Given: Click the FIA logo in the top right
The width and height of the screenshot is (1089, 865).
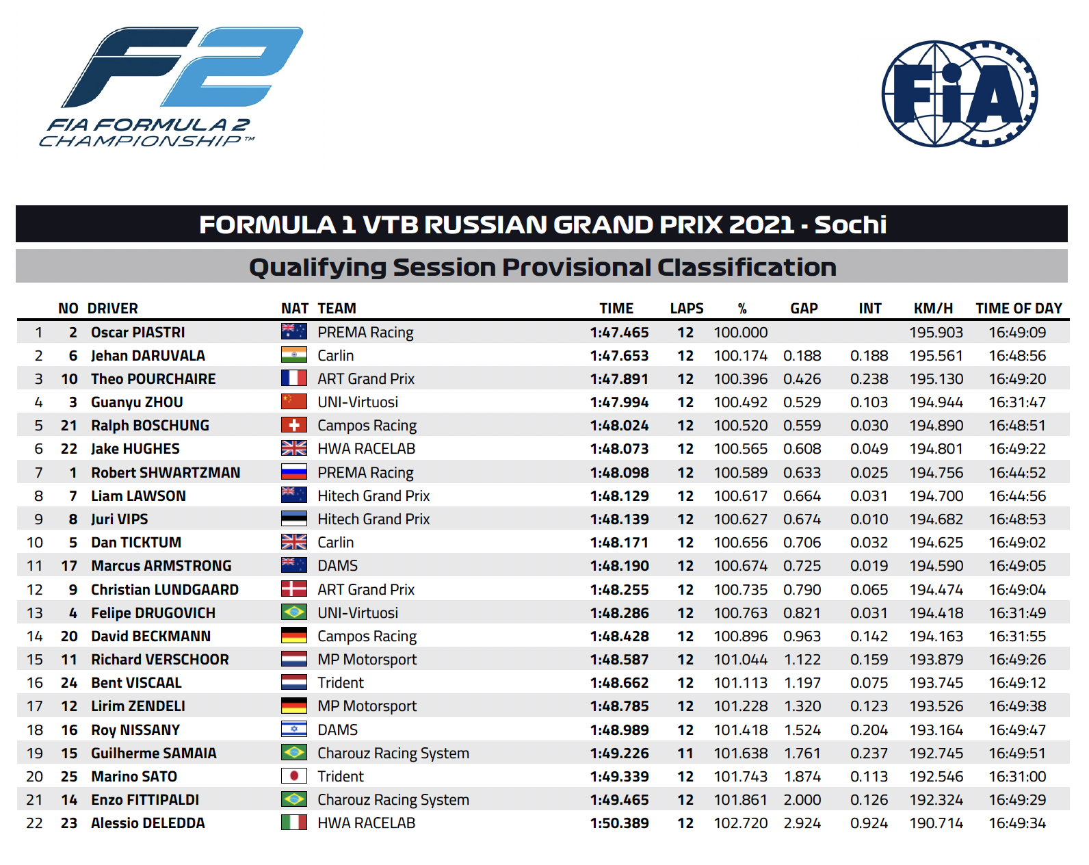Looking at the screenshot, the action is [x=960, y=94].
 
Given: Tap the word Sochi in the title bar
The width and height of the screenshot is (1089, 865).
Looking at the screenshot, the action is [x=850, y=224].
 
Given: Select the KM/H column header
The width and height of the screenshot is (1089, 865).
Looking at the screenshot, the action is [x=933, y=309].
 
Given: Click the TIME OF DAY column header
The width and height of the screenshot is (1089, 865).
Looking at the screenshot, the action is [x=1019, y=309].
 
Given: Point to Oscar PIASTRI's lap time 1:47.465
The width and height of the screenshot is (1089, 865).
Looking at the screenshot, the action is [x=619, y=332].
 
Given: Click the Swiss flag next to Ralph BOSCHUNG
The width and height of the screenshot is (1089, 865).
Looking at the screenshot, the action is [x=294, y=425].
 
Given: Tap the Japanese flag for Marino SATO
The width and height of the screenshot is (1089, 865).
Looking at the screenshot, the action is [x=294, y=776].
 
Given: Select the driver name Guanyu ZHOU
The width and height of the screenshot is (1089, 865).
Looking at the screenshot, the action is [x=137, y=402].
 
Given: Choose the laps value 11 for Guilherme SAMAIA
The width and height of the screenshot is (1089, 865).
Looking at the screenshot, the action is [x=685, y=753].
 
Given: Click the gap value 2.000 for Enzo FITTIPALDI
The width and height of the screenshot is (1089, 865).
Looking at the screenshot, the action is [x=802, y=800].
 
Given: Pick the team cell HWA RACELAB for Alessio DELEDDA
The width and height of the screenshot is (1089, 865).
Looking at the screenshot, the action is [x=367, y=823].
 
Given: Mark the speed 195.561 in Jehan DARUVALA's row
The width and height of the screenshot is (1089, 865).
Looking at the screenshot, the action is [x=936, y=356].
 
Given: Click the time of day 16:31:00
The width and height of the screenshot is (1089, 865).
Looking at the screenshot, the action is [x=1017, y=776].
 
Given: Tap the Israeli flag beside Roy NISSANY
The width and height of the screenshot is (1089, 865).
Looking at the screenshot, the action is [x=294, y=730].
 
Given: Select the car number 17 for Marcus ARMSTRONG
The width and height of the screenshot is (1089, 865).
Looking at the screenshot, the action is [x=69, y=566].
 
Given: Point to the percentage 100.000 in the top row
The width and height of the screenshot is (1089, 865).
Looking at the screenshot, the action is [x=740, y=332].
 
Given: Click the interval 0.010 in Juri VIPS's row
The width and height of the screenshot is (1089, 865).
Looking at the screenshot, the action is [x=869, y=519].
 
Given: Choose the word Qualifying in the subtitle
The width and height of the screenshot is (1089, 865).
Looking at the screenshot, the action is [x=317, y=268].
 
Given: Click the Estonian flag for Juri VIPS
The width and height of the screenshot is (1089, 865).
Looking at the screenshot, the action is [x=294, y=519].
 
